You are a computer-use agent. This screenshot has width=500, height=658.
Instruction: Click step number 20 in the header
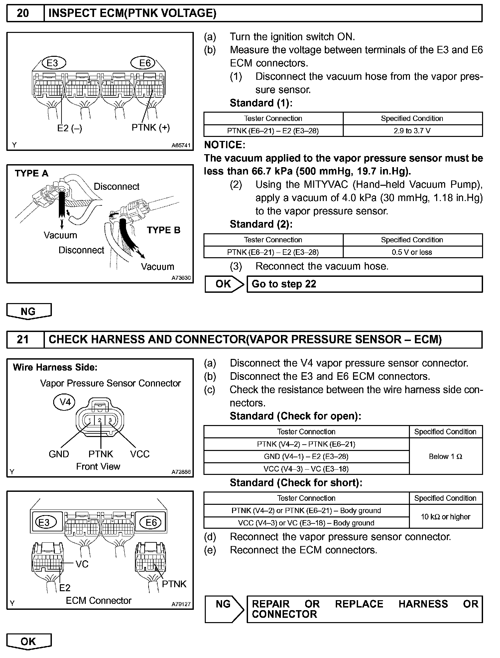23,13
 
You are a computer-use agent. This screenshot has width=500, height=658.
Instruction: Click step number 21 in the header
23,339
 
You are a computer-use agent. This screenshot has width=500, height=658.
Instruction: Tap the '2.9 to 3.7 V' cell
412,131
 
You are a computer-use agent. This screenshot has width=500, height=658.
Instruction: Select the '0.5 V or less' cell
412,252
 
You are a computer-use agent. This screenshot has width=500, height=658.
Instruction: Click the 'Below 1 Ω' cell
445,456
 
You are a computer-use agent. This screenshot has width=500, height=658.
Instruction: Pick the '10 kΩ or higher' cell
445,517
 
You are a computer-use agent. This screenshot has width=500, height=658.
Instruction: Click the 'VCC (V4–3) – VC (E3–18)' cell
306,469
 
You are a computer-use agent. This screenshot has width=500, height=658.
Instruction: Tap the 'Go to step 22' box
364,284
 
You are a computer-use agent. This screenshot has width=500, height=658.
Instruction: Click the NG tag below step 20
29,311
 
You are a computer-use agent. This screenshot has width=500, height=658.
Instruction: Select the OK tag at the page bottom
29,642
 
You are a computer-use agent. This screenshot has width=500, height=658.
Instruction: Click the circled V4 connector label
64,402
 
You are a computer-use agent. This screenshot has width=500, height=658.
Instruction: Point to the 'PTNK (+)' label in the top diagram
151,128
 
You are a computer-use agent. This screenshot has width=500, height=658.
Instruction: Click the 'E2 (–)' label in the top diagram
69,128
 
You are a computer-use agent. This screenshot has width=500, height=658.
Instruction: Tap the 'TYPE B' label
164,230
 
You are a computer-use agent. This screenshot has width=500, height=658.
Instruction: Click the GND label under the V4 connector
59,454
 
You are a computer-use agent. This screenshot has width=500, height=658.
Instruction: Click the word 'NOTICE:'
225,145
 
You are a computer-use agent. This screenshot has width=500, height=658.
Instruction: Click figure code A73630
181,278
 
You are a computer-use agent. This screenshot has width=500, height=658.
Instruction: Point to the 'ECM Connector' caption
99,601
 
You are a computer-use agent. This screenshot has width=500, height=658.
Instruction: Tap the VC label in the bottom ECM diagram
82,564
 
